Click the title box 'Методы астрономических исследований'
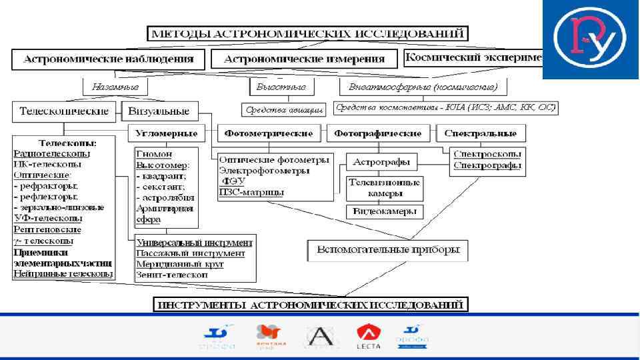coord(307,33)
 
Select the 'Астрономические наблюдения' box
coord(109,59)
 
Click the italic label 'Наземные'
coord(115,87)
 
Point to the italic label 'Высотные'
coord(281,87)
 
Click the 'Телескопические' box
coord(65,111)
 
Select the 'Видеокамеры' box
coord(385,211)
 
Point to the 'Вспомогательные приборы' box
coord(387,250)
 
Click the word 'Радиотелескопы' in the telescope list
coord(51,153)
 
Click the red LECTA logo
coord(368,336)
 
